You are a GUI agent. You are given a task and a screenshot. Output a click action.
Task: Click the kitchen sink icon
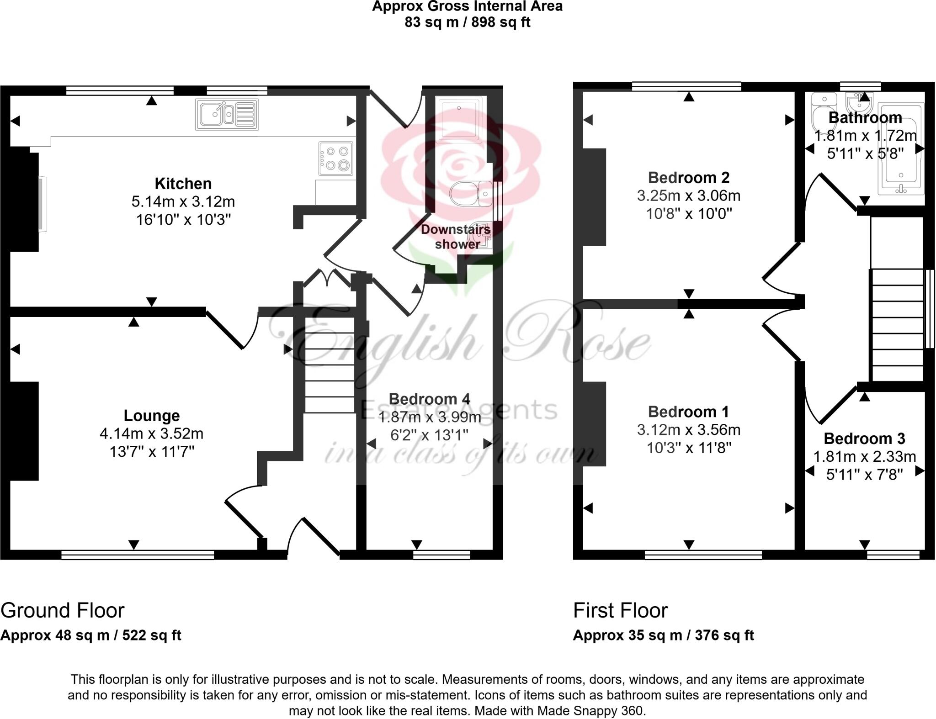point(227,114)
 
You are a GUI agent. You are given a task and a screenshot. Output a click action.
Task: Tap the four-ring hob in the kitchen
point(336,158)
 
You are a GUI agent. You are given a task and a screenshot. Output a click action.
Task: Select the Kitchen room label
point(183,184)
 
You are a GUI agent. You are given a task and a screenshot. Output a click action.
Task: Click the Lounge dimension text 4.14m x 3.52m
point(151,434)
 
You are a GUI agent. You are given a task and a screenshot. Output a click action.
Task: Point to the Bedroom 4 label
point(429,399)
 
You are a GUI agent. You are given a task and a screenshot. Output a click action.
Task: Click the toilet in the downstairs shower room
point(471,194)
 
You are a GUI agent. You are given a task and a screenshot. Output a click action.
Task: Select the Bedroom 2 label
point(688,177)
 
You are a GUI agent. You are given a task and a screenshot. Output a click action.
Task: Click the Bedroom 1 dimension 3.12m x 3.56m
point(688,430)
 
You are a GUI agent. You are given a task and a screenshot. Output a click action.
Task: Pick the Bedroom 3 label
point(864,439)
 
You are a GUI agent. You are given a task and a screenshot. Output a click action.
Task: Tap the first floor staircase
point(897,324)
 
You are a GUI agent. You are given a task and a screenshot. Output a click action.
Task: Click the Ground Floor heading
point(63,611)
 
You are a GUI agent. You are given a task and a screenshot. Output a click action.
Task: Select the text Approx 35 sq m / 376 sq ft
point(663,635)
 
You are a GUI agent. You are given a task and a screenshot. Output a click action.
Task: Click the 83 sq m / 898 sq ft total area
point(467,22)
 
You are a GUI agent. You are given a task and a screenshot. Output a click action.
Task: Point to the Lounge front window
point(138,555)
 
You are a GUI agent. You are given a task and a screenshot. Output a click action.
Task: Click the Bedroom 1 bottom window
point(703,555)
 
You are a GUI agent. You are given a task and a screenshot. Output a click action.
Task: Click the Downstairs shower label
point(456,237)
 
